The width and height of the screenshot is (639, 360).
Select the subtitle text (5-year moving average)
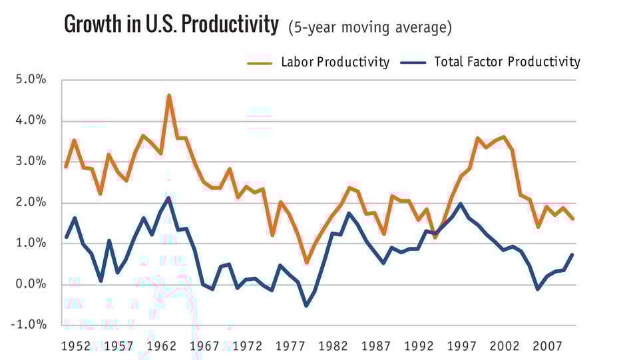[x=369, y=27]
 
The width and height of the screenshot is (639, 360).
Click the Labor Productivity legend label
[x=335, y=62]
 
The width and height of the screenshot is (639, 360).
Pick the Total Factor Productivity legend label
[x=507, y=62]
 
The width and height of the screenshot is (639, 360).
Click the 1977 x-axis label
[x=290, y=347]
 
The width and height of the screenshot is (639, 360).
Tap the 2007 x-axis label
[x=544, y=347]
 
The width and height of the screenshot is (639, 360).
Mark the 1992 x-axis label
[x=417, y=347]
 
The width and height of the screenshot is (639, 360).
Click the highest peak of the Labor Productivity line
[x=169, y=95]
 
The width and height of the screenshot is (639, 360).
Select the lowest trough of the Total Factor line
[x=306, y=305]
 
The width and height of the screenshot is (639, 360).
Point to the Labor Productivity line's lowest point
[x=306, y=263]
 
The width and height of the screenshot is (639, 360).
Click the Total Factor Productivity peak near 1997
[x=460, y=204]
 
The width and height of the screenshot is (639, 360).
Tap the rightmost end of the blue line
[x=572, y=255]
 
